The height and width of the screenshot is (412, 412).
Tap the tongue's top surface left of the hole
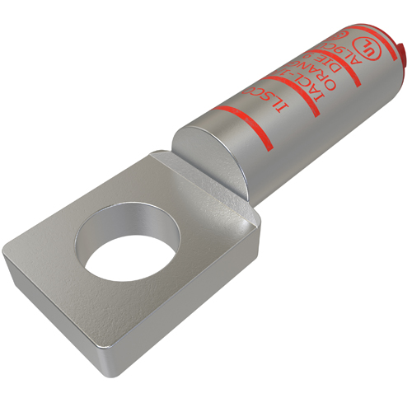(49, 247)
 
